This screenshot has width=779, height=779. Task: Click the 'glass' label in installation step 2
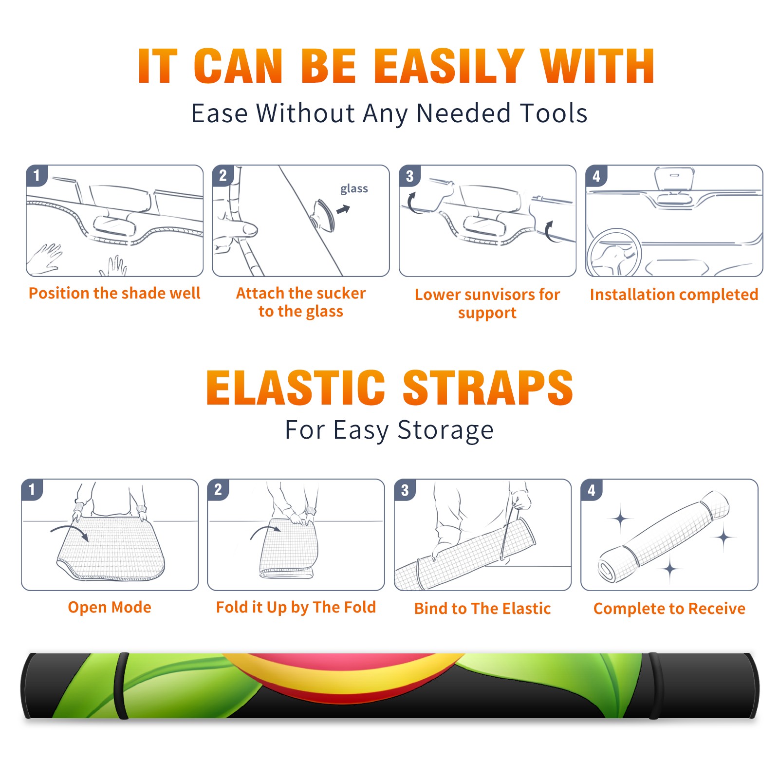354,189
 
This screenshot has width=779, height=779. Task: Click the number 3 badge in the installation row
409,176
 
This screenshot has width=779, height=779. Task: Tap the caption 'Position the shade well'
114,293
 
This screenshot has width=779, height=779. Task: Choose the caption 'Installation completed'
674,294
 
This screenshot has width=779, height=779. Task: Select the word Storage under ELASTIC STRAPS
445,430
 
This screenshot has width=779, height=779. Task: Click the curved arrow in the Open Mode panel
70,532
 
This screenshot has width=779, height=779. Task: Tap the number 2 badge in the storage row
218,490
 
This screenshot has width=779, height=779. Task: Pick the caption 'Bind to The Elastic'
482,608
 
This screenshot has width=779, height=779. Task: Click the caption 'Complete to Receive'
669,608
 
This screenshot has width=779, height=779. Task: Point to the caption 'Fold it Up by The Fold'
296,607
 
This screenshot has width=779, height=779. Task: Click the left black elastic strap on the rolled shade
121,686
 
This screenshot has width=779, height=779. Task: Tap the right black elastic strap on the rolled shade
654,686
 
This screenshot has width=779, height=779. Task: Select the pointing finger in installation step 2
239,230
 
